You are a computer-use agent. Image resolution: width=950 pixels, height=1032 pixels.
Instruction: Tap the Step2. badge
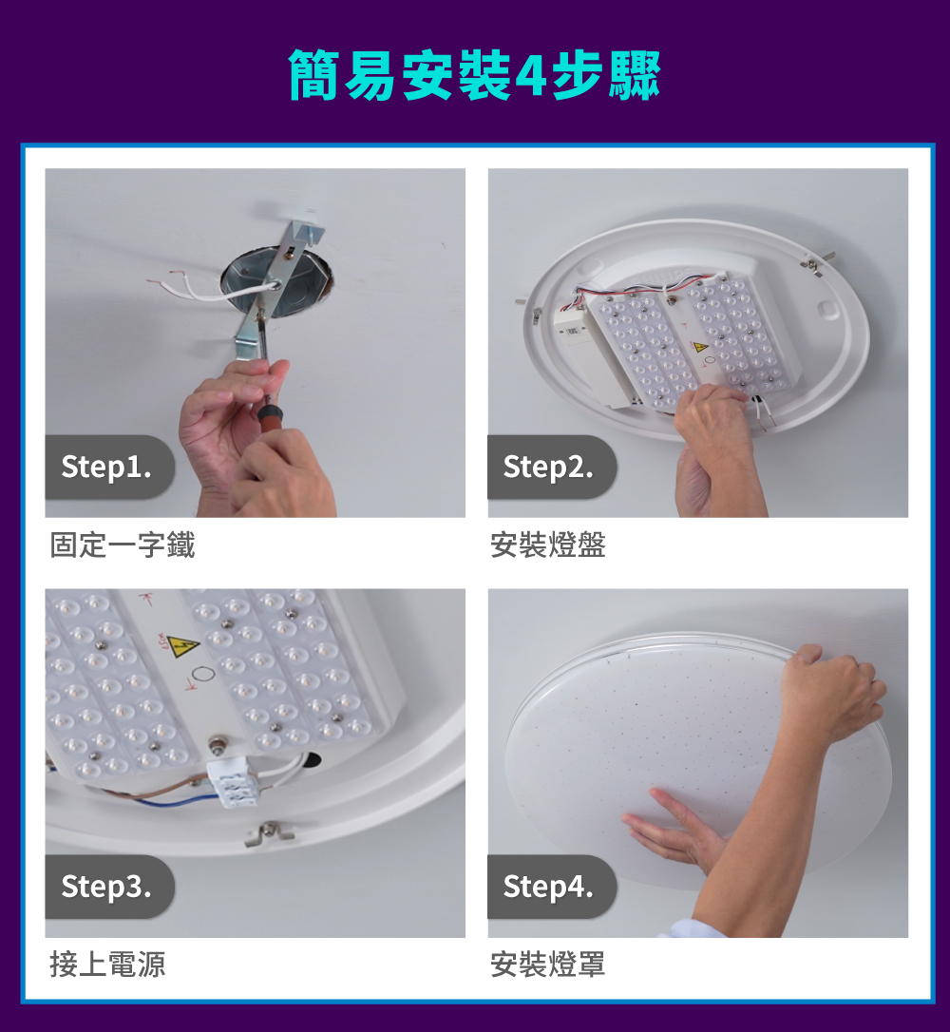pos(548,468)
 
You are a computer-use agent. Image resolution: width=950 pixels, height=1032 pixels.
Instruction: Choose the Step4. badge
pos(548,887)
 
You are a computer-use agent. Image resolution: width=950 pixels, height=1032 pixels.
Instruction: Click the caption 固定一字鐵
pos(123,545)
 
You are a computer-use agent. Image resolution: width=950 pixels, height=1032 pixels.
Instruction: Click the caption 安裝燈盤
pos(548,545)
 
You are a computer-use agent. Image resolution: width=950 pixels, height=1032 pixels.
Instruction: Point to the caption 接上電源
pos(108,965)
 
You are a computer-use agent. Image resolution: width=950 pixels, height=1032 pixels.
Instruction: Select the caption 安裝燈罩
pos(548,965)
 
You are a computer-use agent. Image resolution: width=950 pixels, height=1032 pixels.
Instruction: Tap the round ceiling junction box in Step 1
pos(277,278)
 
